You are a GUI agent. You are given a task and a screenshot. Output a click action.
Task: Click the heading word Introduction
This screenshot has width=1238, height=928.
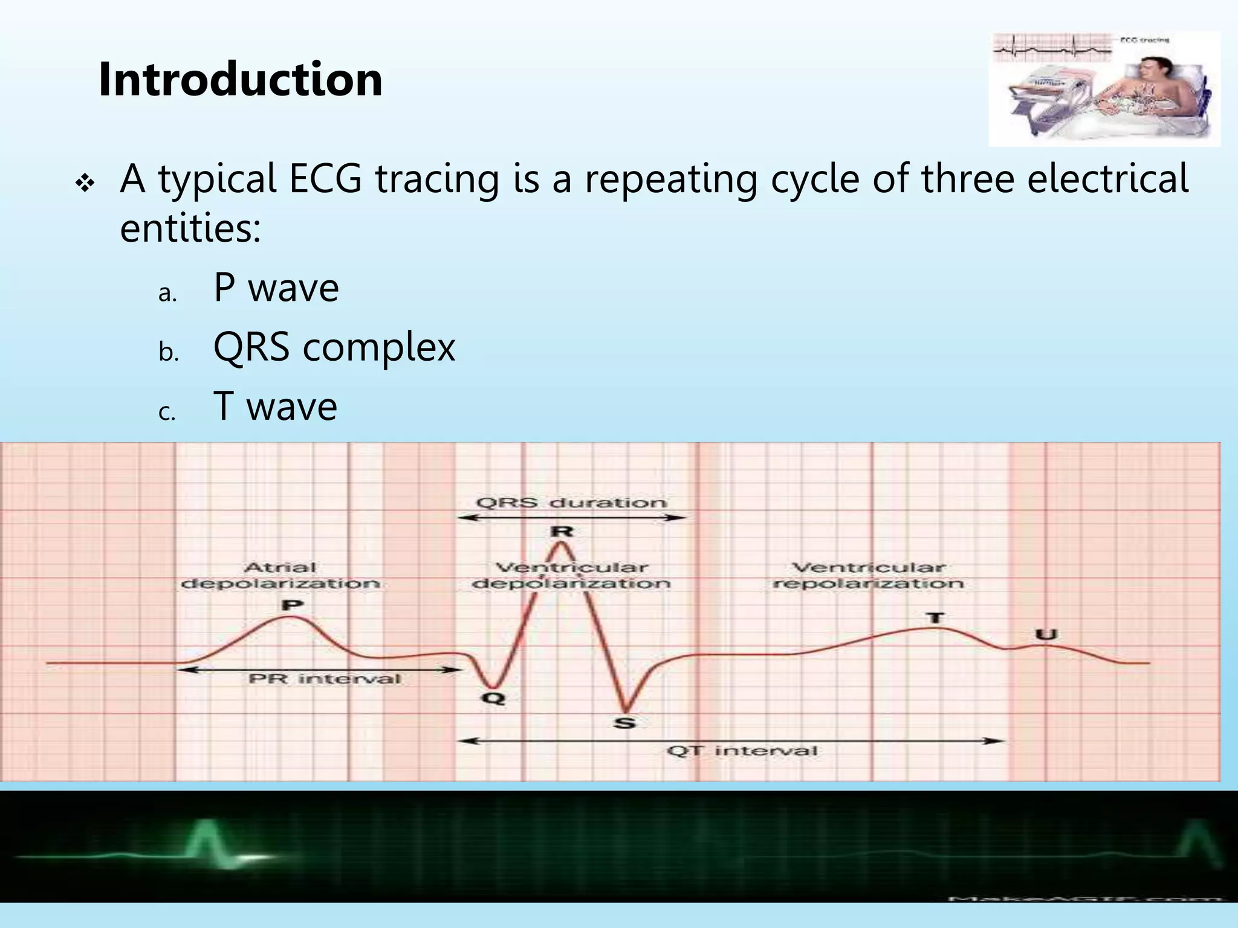pyautogui.click(x=240, y=79)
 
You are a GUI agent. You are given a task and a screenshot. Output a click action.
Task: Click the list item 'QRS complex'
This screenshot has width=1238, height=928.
pyautogui.click(x=334, y=347)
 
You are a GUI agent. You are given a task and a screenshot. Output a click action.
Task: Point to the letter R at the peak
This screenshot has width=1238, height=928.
pyautogui.click(x=562, y=532)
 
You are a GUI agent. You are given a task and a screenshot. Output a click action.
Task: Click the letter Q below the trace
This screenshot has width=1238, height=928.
pyautogui.click(x=493, y=699)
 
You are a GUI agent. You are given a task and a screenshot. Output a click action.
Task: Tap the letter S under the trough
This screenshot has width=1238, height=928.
pyautogui.click(x=624, y=723)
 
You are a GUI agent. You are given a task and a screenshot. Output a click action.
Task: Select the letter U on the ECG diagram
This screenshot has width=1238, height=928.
pyautogui.click(x=1046, y=634)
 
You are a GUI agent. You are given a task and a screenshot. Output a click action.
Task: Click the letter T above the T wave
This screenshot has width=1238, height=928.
pyautogui.click(x=935, y=617)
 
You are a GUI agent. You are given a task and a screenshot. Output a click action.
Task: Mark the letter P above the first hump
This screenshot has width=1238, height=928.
pyautogui.click(x=293, y=605)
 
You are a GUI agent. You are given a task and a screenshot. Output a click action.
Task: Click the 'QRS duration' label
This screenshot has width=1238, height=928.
pyautogui.click(x=571, y=503)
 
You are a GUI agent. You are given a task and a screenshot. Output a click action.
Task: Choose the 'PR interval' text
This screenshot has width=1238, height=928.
pyautogui.click(x=325, y=679)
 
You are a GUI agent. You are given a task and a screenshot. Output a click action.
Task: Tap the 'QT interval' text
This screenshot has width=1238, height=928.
pyautogui.click(x=742, y=751)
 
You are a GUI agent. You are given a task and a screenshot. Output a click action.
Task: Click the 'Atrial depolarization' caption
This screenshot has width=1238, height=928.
pyautogui.click(x=280, y=575)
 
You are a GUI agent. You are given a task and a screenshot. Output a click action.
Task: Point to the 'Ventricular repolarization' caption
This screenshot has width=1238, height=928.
pyautogui.click(x=868, y=575)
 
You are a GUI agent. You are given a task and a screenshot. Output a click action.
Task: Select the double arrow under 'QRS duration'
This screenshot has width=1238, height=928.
pyautogui.click(x=571, y=518)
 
